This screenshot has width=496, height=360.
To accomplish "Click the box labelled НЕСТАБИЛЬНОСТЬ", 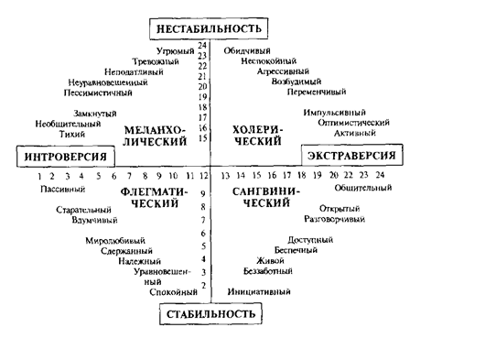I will tap(212, 29).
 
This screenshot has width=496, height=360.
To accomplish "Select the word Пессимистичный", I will tap(99, 93).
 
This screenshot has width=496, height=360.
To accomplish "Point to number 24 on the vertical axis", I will tap(202, 47).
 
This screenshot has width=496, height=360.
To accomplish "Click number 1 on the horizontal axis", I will tap(41, 175).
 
